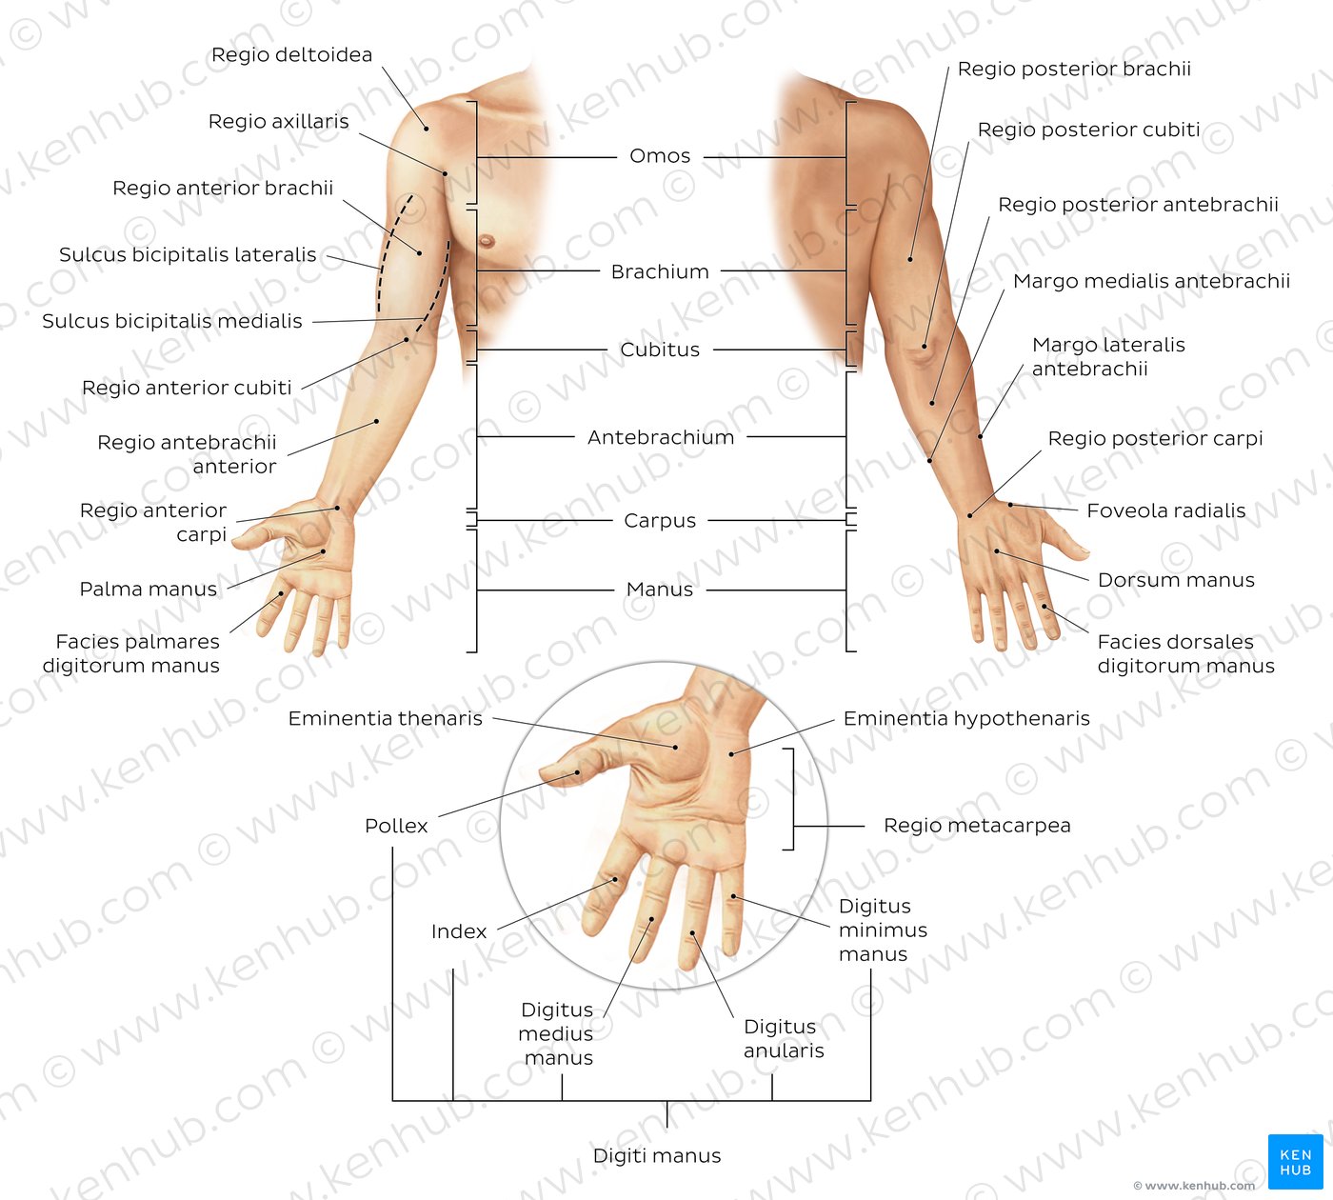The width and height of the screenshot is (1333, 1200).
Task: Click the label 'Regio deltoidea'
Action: (x=291, y=54)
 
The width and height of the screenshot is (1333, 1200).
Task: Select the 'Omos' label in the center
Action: (x=660, y=155)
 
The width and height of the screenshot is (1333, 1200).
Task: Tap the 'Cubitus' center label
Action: (x=660, y=350)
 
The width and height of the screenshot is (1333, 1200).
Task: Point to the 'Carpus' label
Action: (x=660, y=521)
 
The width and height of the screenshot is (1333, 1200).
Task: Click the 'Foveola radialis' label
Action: (x=1166, y=510)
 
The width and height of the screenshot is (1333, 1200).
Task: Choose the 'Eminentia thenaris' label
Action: (x=386, y=719)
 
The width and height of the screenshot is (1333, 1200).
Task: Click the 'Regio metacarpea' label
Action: (x=977, y=826)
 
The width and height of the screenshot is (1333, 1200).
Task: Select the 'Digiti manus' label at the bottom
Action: (x=657, y=1156)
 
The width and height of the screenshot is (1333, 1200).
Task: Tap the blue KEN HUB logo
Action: (x=1295, y=1162)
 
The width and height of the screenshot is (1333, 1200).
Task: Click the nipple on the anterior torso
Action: (x=487, y=240)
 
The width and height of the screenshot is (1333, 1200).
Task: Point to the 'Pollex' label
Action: (x=396, y=826)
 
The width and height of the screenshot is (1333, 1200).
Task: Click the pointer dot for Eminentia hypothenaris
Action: (x=731, y=754)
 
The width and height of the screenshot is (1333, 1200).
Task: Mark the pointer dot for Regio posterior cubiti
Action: (x=925, y=347)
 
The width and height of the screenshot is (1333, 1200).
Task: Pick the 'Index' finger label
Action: (x=459, y=931)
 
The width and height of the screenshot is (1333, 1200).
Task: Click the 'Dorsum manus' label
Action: (x=1176, y=580)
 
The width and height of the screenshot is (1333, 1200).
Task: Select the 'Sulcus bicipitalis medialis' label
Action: (x=172, y=321)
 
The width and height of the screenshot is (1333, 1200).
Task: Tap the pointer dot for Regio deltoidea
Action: (x=426, y=128)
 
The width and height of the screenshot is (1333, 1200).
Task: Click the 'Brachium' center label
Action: (x=660, y=272)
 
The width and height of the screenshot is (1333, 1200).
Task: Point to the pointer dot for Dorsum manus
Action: (x=997, y=551)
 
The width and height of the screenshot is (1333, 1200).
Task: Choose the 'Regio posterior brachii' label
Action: (x=1074, y=70)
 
